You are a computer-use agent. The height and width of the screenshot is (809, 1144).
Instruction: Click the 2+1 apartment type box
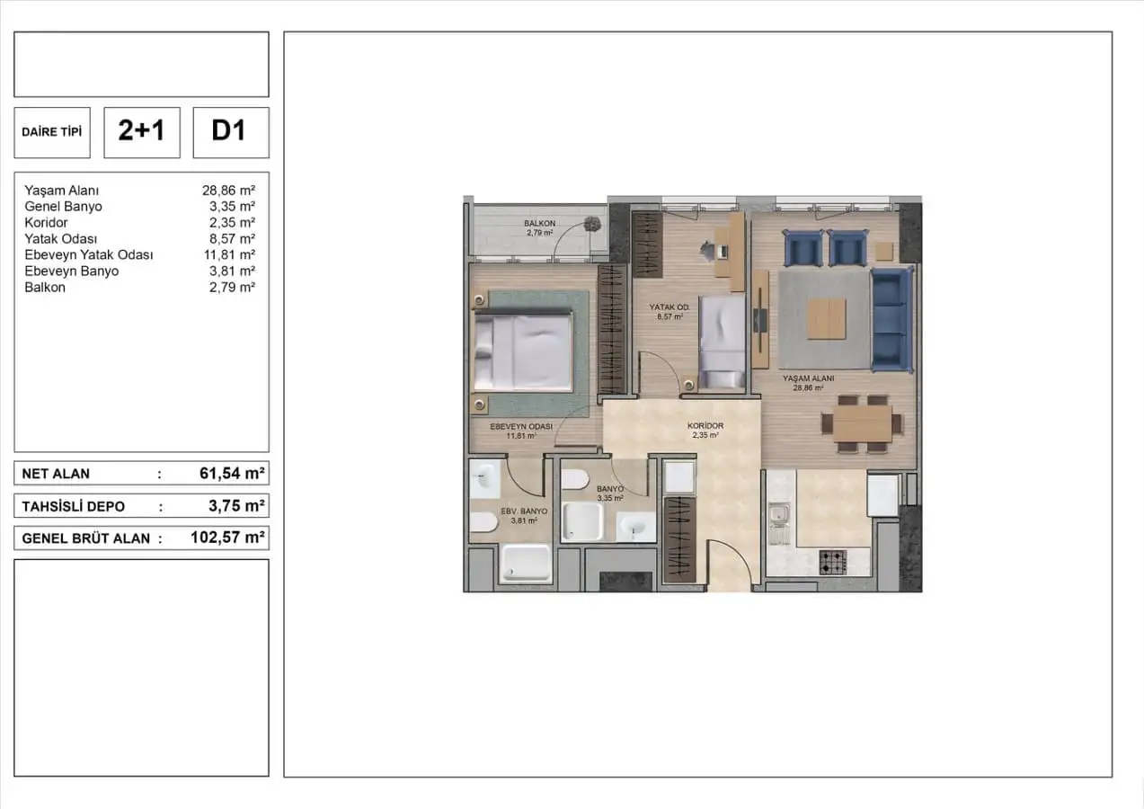click(142, 132)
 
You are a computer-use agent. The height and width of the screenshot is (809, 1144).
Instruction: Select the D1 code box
click(231, 132)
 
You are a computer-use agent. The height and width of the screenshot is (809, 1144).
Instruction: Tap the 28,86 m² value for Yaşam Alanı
click(228, 191)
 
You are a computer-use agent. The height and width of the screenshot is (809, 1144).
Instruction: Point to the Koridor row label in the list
click(46, 223)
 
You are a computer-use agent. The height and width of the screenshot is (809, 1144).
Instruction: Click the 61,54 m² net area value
click(232, 474)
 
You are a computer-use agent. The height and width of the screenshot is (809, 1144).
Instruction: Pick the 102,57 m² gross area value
click(227, 538)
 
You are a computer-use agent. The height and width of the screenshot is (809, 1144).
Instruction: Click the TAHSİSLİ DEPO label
click(73, 507)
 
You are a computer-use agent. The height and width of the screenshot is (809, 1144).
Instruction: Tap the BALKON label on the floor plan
click(539, 223)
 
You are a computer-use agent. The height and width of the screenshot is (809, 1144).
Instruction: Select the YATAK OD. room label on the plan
click(670, 307)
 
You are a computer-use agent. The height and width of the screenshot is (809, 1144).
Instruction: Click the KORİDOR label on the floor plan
click(705, 425)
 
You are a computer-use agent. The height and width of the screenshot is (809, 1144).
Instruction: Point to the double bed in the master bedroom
click(522, 351)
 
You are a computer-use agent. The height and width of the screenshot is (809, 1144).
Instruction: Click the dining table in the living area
click(862, 423)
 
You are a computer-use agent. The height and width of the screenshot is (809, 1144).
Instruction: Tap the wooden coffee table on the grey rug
click(827, 319)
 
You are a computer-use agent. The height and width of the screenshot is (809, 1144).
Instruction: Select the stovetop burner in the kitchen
click(833, 563)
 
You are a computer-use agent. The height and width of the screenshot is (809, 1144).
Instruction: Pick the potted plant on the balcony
click(592, 224)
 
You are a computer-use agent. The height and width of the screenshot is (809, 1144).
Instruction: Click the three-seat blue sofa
click(891, 319)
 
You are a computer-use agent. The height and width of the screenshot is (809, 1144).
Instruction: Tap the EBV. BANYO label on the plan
click(524, 511)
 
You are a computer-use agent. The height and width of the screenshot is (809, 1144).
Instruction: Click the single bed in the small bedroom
click(723, 342)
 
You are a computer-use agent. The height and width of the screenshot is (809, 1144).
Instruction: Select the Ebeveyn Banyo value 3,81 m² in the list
click(232, 271)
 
